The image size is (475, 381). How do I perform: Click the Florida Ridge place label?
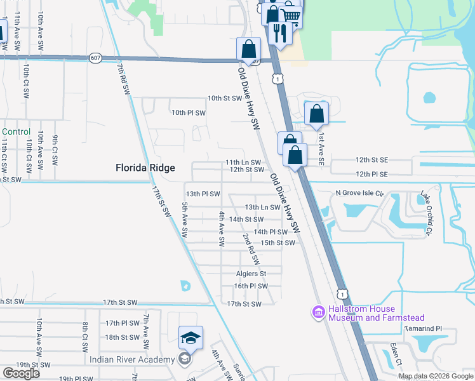(x=145, y=168)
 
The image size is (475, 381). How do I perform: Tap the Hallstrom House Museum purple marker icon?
(x=318, y=312)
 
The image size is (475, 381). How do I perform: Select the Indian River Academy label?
(x=131, y=359)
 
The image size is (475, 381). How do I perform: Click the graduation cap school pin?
(x=191, y=339)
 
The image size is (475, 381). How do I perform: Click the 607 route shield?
(x=95, y=57)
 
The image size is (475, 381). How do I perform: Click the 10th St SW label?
(x=225, y=98)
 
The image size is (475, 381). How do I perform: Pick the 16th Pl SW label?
(x=250, y=286)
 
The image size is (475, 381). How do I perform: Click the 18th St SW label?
(x=121, y=337)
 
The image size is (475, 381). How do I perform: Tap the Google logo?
(x=21, y=373)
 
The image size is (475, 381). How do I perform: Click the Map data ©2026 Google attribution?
(x=435, y=376)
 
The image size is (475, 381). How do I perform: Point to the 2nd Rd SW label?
(x=251, y=249)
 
